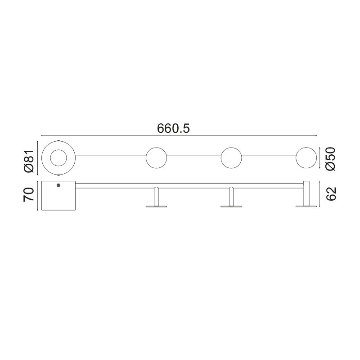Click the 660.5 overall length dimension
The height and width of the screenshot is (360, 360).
173,129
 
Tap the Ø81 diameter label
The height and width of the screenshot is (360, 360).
29,161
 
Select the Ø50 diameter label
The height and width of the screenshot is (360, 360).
331,159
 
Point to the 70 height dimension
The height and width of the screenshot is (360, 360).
29,195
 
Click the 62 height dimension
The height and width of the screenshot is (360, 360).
331,194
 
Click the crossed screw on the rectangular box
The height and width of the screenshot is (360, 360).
58,185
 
